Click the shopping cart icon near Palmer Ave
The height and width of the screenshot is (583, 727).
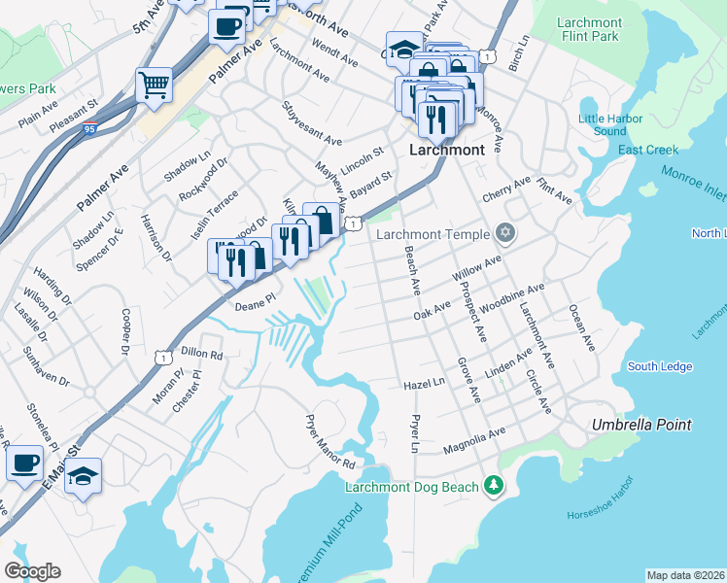tap(154, 86)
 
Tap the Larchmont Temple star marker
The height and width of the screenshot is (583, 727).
tap(503, 233)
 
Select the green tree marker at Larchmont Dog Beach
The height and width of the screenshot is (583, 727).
tap(494, 485)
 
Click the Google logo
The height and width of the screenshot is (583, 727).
tap(32, 571)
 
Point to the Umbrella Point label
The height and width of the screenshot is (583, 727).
tap(642, 425)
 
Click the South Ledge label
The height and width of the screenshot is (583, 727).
tap(660, 366)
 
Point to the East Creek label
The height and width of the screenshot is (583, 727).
tap(647, 150)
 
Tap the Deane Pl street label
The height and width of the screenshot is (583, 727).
tap(257, 305)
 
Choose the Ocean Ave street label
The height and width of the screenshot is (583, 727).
tap(581, 328)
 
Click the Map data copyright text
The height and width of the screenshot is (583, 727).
tap(686, 574)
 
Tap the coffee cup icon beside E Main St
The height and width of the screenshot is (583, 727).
tap(24, 463)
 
